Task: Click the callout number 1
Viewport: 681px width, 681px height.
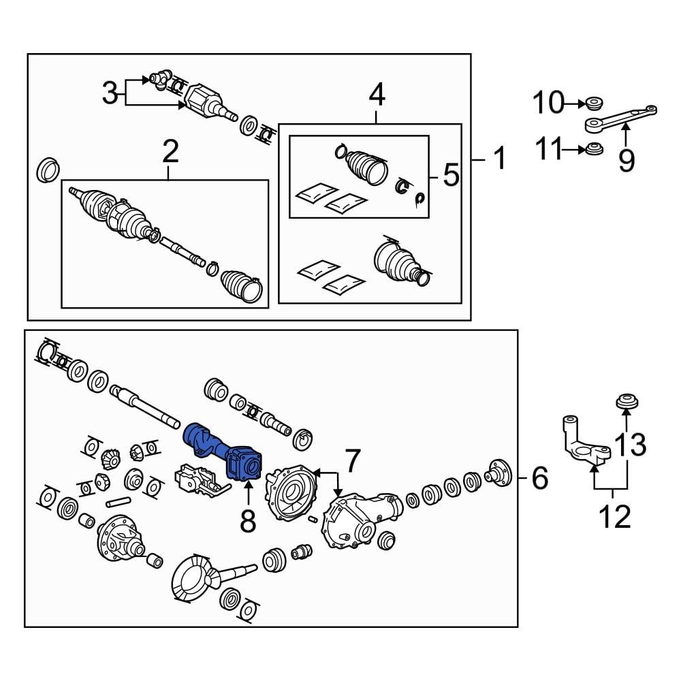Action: point(499,159)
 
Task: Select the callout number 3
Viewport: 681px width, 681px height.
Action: point(110,93)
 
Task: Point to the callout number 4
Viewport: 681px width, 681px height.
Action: point(377,95)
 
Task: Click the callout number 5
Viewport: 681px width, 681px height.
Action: point(451,175)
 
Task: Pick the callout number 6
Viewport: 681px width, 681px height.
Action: point(539,479)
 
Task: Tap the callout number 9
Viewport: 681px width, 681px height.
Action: point(626,160)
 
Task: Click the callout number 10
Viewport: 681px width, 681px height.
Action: point(548,104)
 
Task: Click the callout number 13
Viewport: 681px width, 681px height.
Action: point(630,446)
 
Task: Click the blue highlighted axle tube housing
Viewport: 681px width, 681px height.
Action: point(225,453)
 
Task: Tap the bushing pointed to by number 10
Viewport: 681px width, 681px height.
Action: point(594,104)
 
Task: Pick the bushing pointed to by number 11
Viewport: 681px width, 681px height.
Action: point(594,148)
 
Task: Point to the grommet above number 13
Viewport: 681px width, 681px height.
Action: point(626,402)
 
